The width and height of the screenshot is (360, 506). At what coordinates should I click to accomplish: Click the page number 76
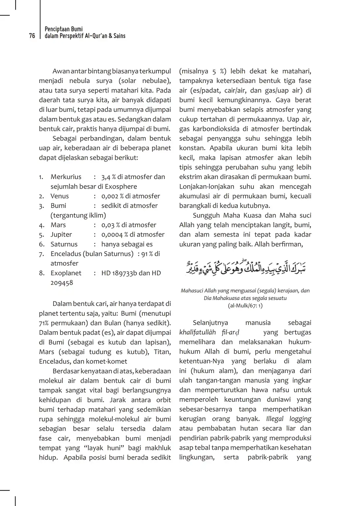(32, 36)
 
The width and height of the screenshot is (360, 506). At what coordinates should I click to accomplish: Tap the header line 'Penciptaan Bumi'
(64, 29)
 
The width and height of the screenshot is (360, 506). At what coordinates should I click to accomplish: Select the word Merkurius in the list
(66, 177)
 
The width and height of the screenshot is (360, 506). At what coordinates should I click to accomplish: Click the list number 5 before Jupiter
(41, 235)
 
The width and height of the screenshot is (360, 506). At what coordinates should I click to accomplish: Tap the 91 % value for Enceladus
(147, 254)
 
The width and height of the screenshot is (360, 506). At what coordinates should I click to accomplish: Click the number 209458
(62, 283)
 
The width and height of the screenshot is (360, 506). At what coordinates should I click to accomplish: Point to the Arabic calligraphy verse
(245, 267)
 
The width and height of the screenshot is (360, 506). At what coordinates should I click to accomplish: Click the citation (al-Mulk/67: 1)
(245, 306)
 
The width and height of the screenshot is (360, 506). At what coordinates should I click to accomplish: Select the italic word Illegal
(275, 419)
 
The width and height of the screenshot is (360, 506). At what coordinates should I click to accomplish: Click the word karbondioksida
(216, 129)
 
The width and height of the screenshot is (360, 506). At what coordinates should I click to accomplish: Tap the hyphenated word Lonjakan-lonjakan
(206, 187)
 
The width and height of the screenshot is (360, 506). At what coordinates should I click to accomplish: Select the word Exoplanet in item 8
(66, 273)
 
